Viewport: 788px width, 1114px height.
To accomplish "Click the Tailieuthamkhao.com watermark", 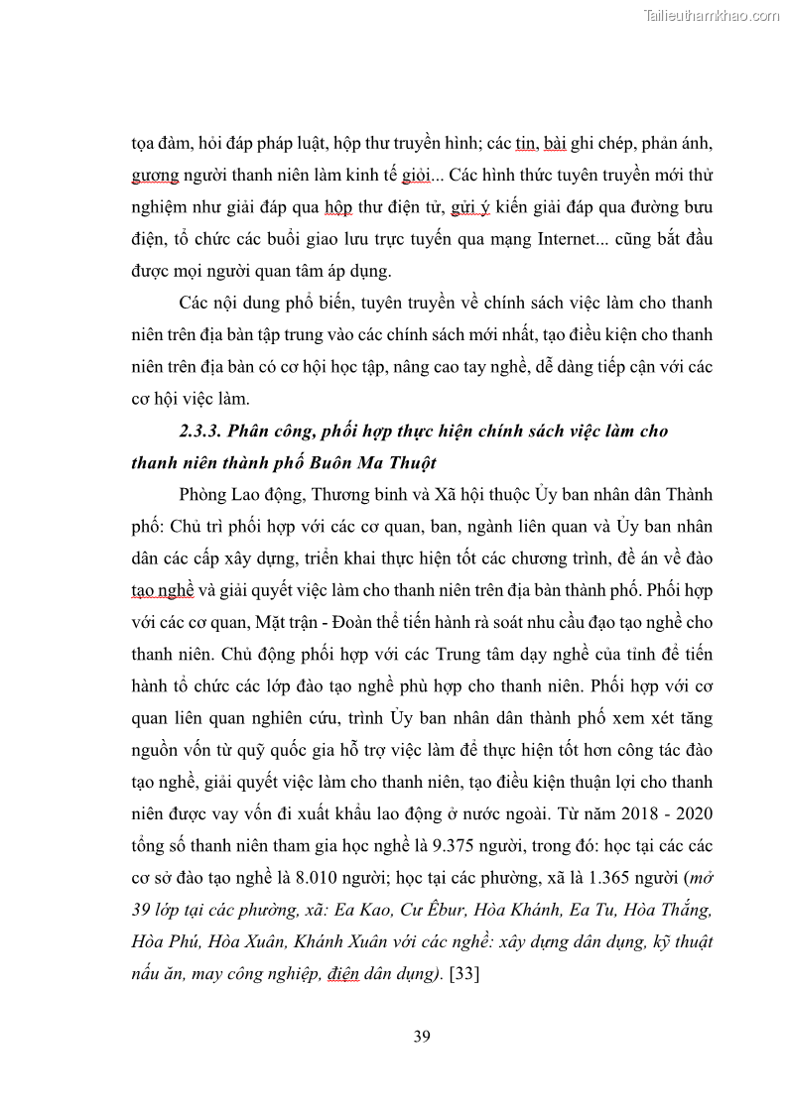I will point(712,15).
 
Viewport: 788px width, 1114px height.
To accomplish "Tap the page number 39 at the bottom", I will point(422,1037).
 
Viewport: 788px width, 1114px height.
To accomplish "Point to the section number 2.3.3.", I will point(203,431).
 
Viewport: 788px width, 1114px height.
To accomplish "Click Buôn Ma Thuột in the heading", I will point(381,462).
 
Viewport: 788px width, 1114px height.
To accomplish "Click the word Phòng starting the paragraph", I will point(205,494).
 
